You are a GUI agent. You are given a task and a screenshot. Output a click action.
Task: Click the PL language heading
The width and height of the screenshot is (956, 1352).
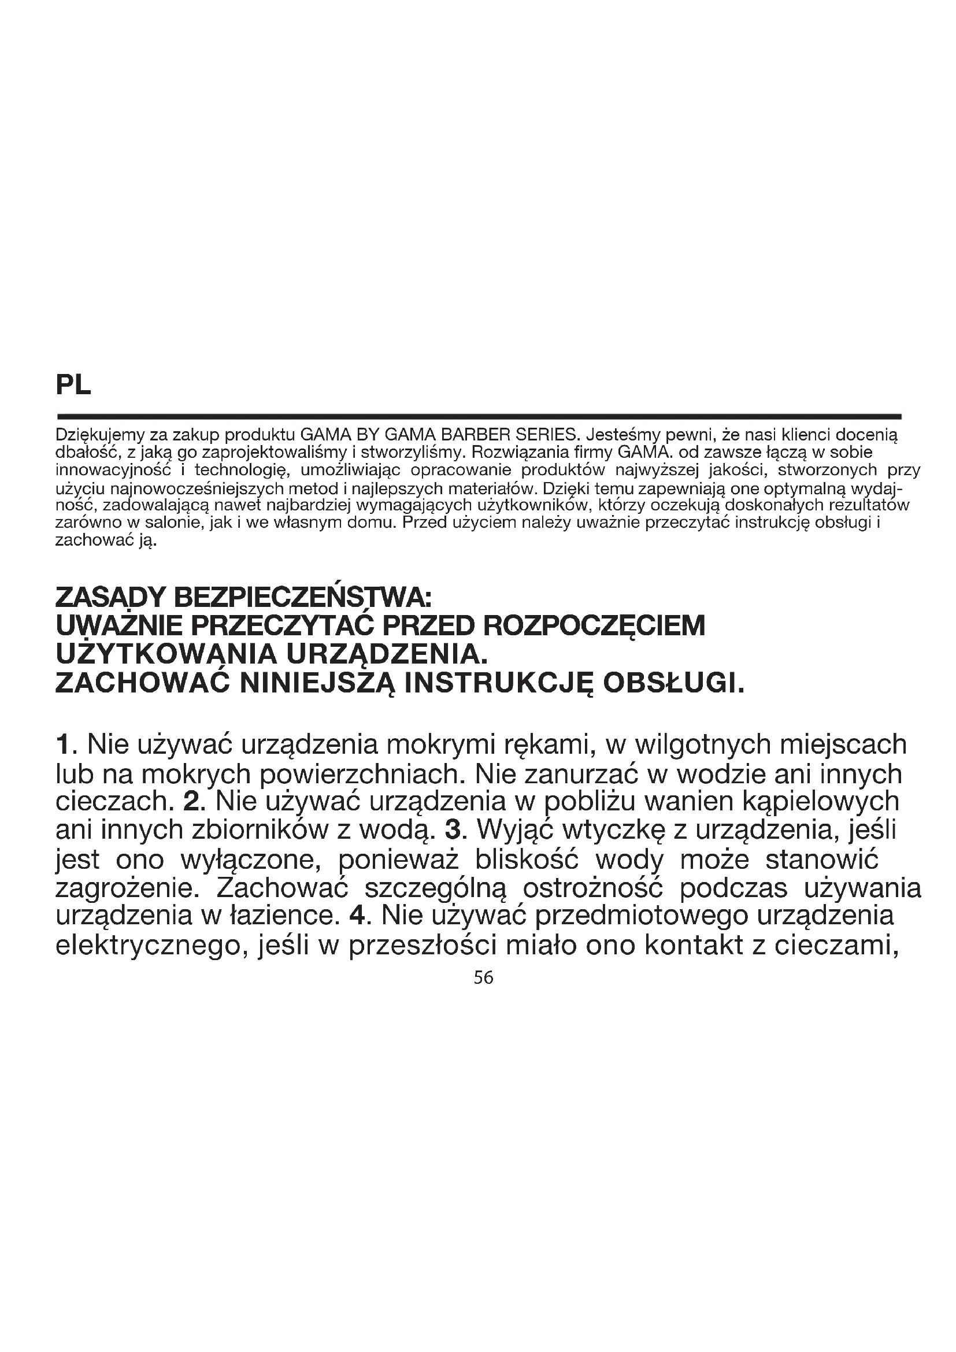pos(73,386)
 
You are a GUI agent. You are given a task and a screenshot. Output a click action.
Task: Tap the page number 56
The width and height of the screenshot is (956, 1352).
pos(483,978)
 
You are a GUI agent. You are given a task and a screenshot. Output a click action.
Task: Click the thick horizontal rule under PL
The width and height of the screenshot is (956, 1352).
pos(478,416)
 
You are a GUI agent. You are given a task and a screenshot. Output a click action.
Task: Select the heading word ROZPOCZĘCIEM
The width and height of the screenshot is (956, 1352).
pos(594,626)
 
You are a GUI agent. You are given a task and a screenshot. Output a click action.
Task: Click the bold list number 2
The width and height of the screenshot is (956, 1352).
pos(192,801)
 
